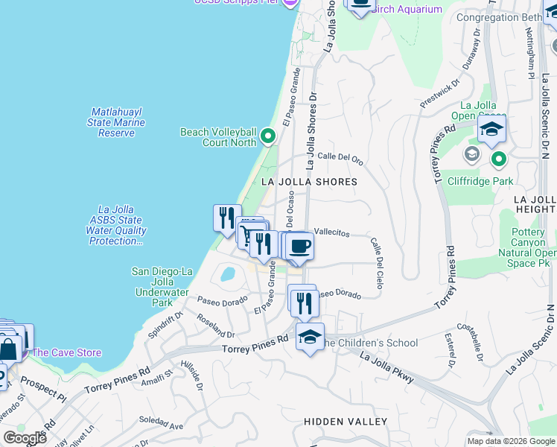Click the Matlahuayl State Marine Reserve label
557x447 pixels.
click(116, 122)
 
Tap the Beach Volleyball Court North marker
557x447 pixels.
click(268, 137)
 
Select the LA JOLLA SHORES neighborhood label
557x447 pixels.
click(309, 182)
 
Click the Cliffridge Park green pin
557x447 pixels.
click(498, 159)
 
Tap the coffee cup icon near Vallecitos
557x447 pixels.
click(299, 246)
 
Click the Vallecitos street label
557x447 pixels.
click(332, 233)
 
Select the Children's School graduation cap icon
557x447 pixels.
click(310, 337)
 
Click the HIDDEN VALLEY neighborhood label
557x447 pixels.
click(346, 422)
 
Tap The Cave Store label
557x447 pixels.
click(67, 352)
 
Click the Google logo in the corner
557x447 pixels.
click(25, 438)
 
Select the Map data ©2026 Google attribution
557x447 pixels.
click(511, 441)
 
